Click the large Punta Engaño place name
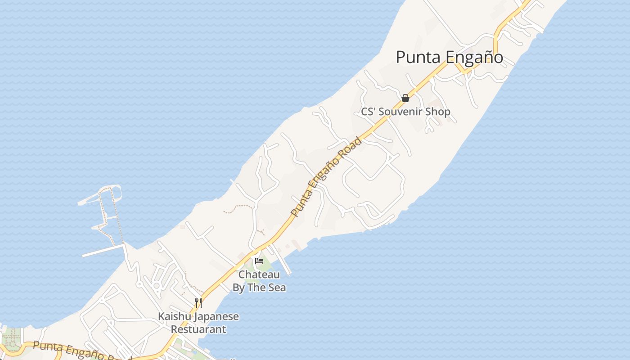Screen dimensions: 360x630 tap(449, 58)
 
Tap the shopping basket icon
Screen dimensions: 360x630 tap(405, 98)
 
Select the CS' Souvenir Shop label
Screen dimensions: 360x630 tap(405, 112)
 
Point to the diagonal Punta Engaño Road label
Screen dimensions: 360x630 tap(326, 176)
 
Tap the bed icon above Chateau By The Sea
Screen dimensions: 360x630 tap(259, 261)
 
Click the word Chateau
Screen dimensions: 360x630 tap(259, 274)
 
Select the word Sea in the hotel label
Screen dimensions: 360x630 tap(277, 288)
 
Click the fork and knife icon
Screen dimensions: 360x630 tap(198, 302)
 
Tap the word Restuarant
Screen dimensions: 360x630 tap(198, 329)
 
